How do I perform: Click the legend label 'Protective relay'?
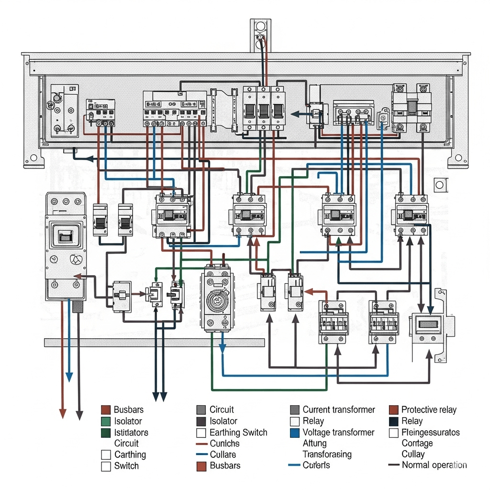coord(429,410)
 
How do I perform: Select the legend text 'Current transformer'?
coord(339,410)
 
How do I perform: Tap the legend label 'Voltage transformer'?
coord(338,432)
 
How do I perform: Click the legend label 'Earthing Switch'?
coord(238,432)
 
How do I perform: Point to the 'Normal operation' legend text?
coord(434,465)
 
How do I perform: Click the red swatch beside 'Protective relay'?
coord(393,410)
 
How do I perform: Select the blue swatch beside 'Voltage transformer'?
coord(295,433)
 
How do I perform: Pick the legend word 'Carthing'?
coord(130,455)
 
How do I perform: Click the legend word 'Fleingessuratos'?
coord(431,432)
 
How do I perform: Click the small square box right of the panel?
coord(439,184)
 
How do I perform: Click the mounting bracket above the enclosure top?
coord(260,33)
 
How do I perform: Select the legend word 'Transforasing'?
coord(327,454)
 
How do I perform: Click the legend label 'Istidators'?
coord(131,432)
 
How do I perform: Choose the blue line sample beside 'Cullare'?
coord(201,455)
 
